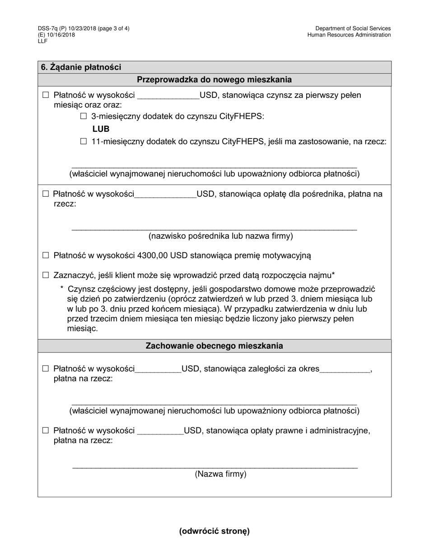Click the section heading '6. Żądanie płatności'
81,67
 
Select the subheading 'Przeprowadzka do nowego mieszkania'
214,80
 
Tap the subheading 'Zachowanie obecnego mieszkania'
214,346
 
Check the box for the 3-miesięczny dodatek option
84,116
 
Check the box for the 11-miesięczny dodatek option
84,142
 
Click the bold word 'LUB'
101,129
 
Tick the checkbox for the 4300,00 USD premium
45,255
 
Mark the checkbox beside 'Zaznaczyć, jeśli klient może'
45,275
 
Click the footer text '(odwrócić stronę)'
214,531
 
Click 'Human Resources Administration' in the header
349,35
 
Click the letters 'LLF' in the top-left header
42,41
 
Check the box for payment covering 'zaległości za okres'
45,369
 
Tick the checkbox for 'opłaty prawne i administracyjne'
45,430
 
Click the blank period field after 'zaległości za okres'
345,370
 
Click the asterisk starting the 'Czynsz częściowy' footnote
62,288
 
